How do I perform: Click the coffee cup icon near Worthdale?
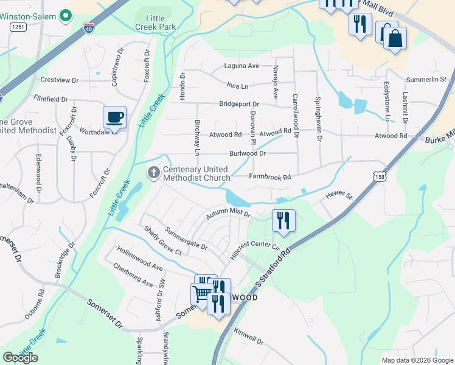115,116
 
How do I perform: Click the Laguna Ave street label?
241,66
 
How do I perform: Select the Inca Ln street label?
237,86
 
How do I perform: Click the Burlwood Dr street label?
247,154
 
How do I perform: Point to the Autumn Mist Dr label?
228,214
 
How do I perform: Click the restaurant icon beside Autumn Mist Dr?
283,220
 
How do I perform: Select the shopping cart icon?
201,294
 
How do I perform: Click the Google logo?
21,358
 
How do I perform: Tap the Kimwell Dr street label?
248,338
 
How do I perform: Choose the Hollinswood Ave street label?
141,259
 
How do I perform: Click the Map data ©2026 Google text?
417,360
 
